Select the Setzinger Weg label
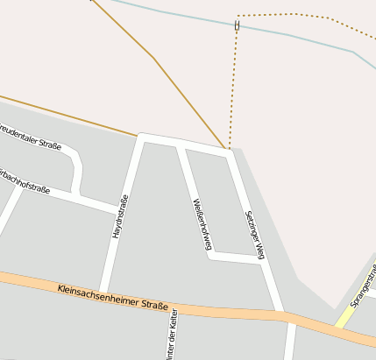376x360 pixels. point(254,234)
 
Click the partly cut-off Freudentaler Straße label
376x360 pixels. point(30,138)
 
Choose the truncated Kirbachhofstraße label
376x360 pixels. point(25,178)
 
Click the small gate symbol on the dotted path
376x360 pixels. point(237,25)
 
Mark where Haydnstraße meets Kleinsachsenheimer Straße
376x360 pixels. point(103,292)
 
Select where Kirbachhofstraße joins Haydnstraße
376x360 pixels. point(119,210)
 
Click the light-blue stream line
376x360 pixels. point(289,35)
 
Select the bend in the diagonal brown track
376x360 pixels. point(153,58)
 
